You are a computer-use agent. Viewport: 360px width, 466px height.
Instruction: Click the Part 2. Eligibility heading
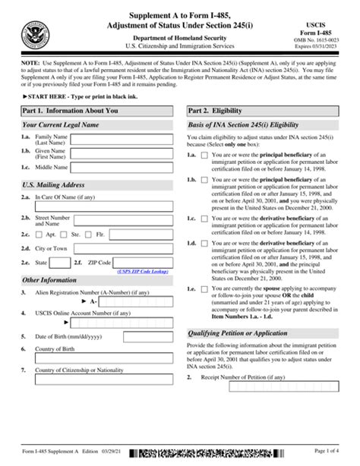pyautogui.click(x=219, y=109)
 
